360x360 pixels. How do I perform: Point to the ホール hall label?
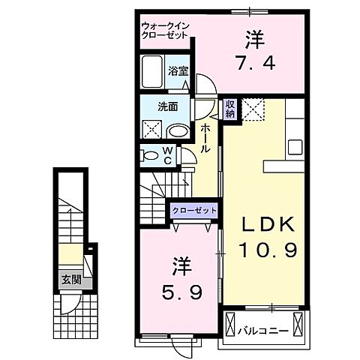click(205, 139)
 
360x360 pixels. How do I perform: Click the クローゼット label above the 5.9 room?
click(195, 211)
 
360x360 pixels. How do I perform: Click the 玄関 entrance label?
click(71, 282)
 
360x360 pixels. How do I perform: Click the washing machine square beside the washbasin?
click(151, 130)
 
